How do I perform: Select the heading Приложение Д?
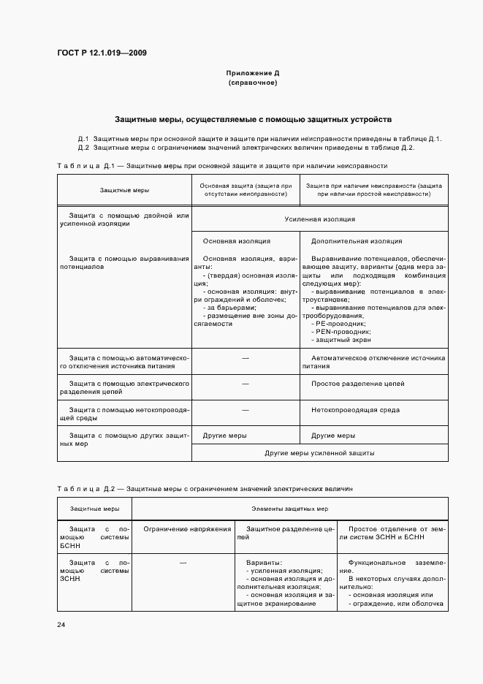pyautogui.click(x=252, y=74)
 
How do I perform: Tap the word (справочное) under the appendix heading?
pyautogui.click(x=252, y=83)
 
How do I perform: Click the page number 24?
pyautogui.click(x=61, y=623)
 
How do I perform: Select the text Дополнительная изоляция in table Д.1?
pyautogui.click(x=357, y=240)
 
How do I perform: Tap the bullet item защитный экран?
pyautogui.click(x=341, y=340)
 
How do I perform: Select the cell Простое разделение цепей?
pyautogui.click(x=357, y=384)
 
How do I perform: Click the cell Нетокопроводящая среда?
pyautogui.click(x=355, y=410)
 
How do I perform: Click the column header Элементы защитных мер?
pyautogui.click(x=290, y=508)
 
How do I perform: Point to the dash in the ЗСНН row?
pyautogui.click(x=183, y=562)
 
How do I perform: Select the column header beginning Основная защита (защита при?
pyautogui.click(x=246, y=190)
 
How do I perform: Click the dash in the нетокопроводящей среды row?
pyautogui.click(x=246, y=410)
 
